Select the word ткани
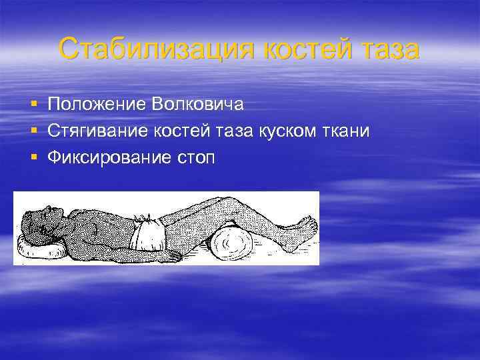pyautogui.click(x=346, y=131)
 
